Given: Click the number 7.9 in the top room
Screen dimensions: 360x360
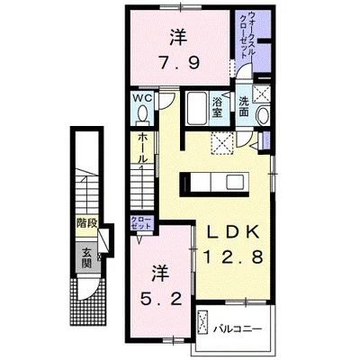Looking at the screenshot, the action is point(179,63).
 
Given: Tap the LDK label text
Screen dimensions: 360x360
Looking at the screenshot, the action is point(233,232).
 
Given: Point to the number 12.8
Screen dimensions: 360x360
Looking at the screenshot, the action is point(233,257).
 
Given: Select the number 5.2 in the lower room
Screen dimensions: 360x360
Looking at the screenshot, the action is point(161,298).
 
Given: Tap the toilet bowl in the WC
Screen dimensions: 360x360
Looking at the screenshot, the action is point(142,115).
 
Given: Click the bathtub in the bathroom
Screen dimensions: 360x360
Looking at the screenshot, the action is point(196,108).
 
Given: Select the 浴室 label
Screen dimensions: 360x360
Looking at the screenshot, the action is point(217,107).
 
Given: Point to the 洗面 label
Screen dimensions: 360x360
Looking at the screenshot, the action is point(244,107).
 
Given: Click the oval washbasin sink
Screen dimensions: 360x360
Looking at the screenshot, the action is point(263,115).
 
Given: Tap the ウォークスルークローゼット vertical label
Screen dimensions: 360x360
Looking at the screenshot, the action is point(248,35).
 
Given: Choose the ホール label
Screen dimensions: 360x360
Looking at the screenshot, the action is point(142,148).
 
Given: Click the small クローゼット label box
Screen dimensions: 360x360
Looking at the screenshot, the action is point(141,223).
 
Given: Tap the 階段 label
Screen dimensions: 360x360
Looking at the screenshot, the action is point(86,223).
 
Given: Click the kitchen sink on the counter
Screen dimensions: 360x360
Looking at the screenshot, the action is point(236,183).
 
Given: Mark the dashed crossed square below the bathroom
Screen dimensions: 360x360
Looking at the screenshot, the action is point(221,142).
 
